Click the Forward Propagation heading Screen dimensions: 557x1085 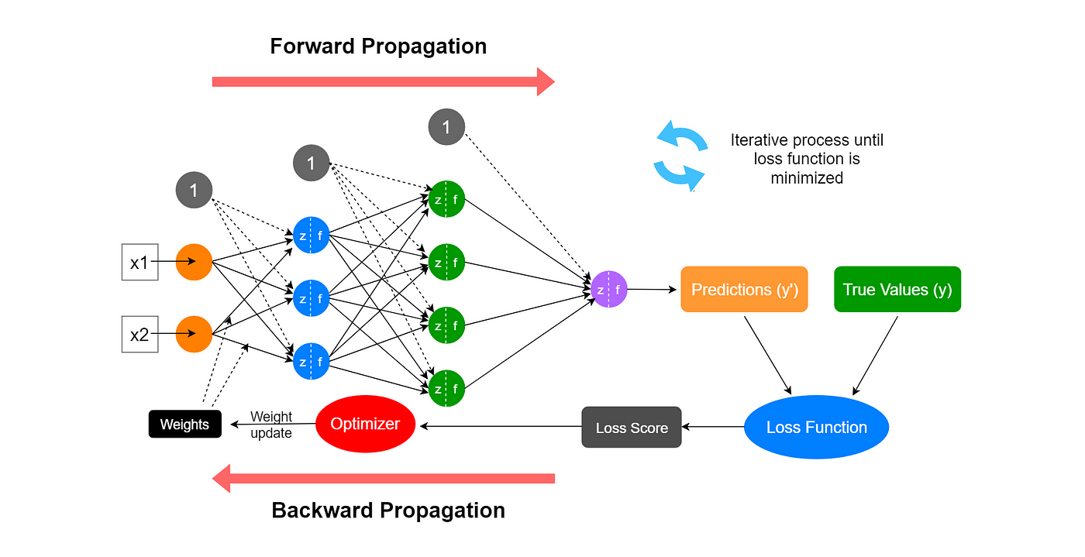[378, 46]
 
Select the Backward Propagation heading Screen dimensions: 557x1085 [388, 511]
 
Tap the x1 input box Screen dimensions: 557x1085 [139, 262]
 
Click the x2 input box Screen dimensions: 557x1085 [139, 335]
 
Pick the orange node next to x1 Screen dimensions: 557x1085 [194, 262]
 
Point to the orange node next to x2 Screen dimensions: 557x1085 [194, 335]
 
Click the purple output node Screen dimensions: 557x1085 [608, 290]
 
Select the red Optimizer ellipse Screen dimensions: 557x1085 [365, 424]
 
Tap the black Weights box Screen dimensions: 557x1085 [184, 425]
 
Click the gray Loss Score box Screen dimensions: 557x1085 [632, 428]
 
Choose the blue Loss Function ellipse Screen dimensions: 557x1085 [816, 427]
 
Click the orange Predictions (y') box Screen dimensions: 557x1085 [744, 290]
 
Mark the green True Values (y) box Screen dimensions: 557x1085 [897, 290]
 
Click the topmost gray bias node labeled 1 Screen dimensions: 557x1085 [446, 126]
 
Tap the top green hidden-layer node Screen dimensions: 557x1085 [446, 199]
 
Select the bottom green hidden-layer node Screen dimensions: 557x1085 [446, 389]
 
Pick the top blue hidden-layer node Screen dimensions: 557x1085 [311, 235]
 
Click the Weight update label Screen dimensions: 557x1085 [271, 425]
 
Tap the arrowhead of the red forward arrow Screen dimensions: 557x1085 [546, 81]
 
